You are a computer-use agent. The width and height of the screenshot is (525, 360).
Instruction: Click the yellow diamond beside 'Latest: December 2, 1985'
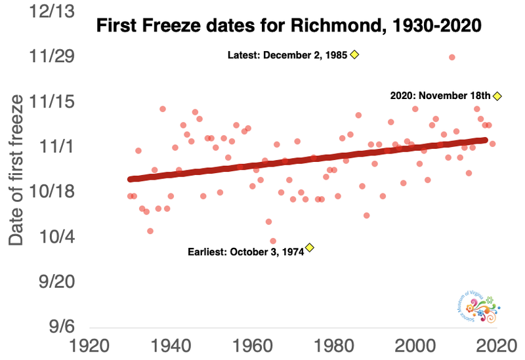click(x=354, y=55)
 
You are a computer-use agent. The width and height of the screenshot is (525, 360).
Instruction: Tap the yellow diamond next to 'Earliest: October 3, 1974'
click(x=310, y=248)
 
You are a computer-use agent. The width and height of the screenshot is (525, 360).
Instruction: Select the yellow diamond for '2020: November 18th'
click(x=497, y=96)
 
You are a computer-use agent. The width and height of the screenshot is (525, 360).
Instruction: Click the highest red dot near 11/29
click(x=452, y=57)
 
